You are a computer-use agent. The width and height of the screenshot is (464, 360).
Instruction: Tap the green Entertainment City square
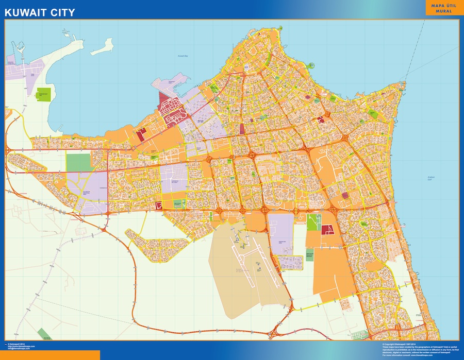point(43,94)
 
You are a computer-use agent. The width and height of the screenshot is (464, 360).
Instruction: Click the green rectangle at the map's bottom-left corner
point(47,333)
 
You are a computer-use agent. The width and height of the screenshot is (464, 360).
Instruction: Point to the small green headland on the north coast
point(312,65)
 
